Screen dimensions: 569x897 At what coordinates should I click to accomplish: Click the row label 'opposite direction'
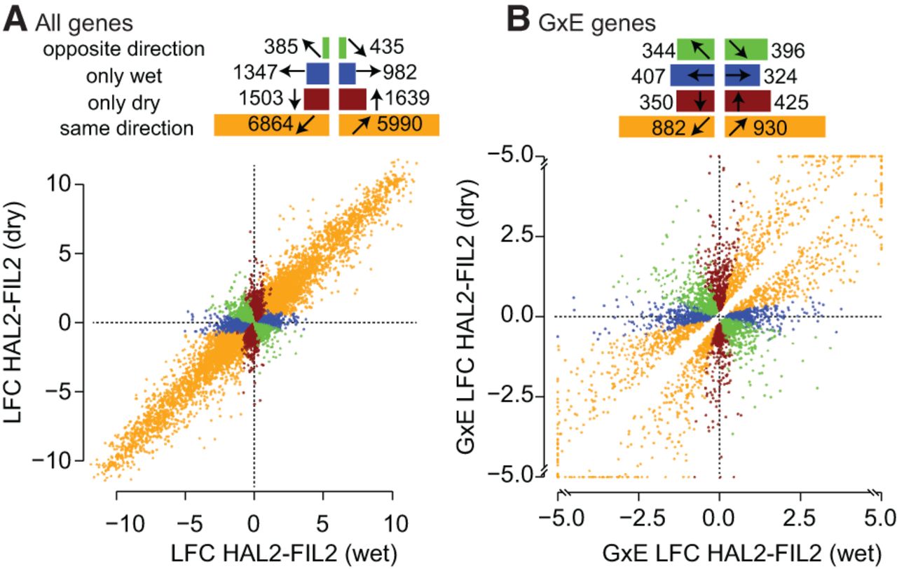123,50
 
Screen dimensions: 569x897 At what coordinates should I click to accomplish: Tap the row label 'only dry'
123,102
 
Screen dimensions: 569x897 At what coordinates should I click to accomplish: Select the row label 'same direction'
126,128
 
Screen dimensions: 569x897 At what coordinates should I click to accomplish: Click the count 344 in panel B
657,50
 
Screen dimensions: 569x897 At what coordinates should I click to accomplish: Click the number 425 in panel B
790,102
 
